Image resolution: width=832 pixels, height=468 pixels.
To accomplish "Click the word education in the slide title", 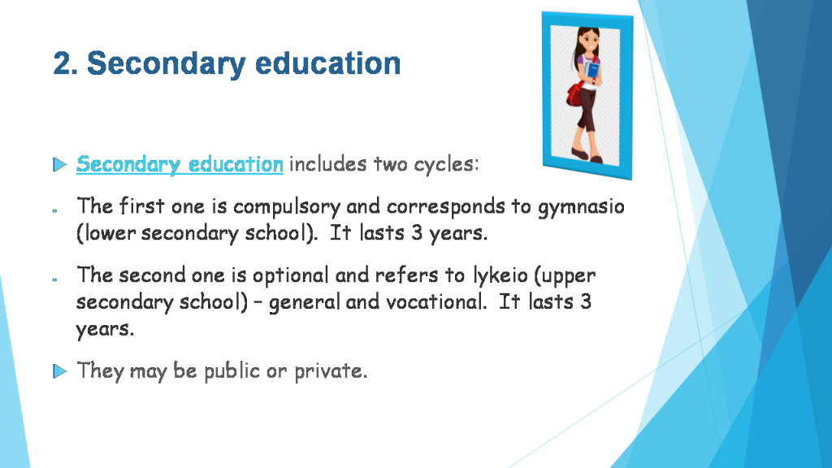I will [318, 63].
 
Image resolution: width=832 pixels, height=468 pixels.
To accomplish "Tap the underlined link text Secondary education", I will [180, 164].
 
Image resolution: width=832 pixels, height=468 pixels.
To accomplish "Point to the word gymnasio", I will [581, 207].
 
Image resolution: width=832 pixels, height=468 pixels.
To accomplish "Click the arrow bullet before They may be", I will [59, 371].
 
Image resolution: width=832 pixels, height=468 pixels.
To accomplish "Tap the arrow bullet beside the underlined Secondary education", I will [59, 165].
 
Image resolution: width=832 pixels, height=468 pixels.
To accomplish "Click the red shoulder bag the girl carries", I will [574, 95].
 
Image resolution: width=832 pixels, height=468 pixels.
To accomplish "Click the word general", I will [305, 303].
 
